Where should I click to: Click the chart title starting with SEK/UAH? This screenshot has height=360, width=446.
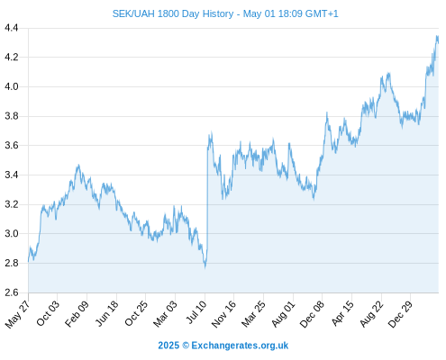click(x=225, y=13)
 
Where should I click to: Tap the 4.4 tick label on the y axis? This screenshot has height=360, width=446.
click(x=12, y=28)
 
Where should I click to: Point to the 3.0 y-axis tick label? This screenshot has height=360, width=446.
click(x=12, y=233)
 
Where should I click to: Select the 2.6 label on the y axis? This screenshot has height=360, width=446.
click(x=12, y=292)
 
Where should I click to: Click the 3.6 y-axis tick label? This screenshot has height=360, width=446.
click(x=12, y=146)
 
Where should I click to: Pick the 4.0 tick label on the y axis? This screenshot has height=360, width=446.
click(x=12, y=86)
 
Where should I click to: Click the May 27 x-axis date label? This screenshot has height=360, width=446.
click(x=17, y=314)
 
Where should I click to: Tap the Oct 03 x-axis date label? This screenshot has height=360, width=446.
click(x=48, y=313)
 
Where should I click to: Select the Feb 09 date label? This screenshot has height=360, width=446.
click(x=77, y=313)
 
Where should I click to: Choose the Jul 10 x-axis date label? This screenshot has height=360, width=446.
click(x=196, y=312)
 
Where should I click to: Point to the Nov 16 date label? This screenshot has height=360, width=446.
click(x=223, y=314)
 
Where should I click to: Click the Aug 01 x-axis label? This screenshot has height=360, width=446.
click(x=283, y=314)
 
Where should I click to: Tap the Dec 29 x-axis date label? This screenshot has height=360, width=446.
click(x=400, y=314)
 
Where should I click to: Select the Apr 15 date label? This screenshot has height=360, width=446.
click(x=342, y=313)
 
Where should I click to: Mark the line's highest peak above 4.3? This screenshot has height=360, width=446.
click(x=437, y=36)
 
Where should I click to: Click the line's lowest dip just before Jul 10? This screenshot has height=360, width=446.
click(x=205, y=267)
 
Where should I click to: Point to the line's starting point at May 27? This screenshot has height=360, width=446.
click(x=29, y=262)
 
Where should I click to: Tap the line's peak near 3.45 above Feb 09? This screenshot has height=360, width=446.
click(x=78, y=165)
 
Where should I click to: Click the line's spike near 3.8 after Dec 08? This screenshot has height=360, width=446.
click(x=327, y=112)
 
